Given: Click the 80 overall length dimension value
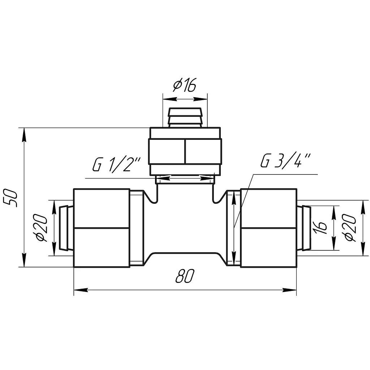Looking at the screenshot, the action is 185,276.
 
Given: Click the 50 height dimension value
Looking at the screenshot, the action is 10,198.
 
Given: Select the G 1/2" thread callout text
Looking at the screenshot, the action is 116,164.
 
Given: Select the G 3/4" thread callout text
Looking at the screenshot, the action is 286,161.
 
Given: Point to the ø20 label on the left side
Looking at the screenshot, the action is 42,228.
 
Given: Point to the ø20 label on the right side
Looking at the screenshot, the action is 350,228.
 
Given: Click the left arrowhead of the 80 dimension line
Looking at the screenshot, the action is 81,290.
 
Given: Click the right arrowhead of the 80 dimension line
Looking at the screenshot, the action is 289,290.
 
